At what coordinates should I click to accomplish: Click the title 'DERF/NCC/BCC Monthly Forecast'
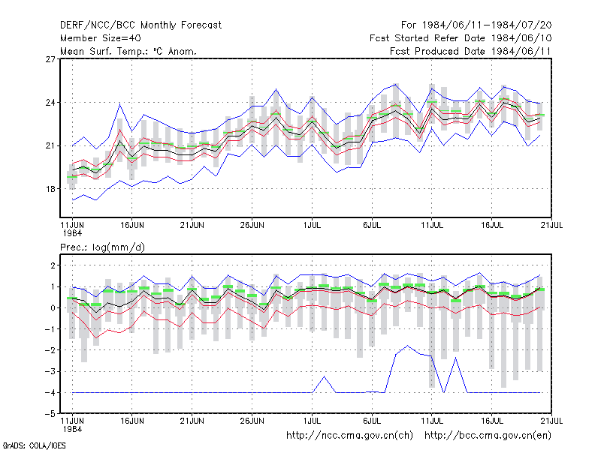tap(140, 25)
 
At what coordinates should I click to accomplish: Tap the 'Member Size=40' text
tap(101, 38)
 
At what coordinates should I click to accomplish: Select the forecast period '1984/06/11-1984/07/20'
tap(487, 25)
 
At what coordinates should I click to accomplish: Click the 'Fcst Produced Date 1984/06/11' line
tap(470, 51)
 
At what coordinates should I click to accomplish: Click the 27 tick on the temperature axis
tap(50, 59)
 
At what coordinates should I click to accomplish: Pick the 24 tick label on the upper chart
tap(50, 103)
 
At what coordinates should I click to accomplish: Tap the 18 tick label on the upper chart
tap(50, 189)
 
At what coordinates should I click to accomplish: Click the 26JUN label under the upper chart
tap(252, 225)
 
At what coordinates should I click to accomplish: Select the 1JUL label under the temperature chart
tap(312, 225)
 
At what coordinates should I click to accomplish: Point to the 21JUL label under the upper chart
tap(551, 225)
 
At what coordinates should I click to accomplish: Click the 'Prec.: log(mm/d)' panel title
tap(102, 247)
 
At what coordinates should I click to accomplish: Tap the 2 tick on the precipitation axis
tap(53, 265)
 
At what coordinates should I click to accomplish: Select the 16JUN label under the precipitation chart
tap(132, 421)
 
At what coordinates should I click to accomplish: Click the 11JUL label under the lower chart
tap(431, 421)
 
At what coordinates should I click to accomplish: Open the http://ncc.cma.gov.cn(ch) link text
tap(349, 436)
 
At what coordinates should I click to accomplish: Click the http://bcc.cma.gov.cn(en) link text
tap(488, 436)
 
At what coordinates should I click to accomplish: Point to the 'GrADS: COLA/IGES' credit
tap(34, 445)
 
